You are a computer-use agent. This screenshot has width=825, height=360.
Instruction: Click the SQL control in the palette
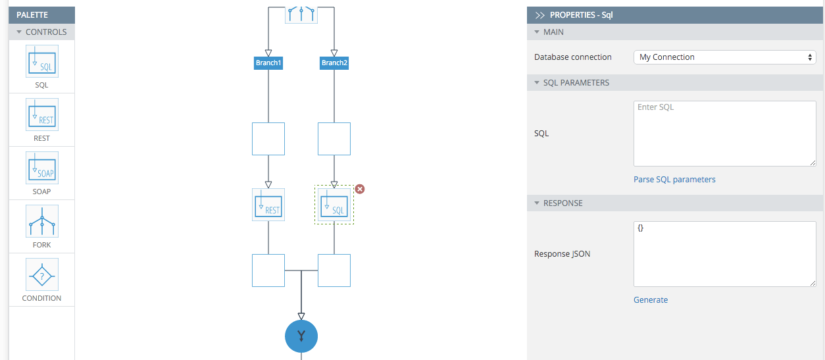[42, 61]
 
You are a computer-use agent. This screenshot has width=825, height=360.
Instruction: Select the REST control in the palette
[42, 115]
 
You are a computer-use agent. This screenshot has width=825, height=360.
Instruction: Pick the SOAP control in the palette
[42, 168]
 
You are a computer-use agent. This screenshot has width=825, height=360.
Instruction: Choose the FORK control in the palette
[42, 221]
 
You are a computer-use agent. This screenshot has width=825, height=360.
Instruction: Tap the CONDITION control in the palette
[42, 274]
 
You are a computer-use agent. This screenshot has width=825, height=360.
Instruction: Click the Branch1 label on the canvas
[268, 63]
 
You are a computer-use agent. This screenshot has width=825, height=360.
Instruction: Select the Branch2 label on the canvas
[334, 63]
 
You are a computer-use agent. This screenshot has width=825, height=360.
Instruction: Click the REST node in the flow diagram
[268, 205]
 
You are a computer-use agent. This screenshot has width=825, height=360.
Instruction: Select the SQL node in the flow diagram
[334, 205]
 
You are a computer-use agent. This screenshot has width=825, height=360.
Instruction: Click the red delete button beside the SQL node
[360, 190]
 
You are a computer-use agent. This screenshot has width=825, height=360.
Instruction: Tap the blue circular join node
[301, 336]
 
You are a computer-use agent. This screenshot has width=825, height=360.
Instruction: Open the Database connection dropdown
[724, 57]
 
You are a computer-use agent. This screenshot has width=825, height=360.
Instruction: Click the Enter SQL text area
[724, 134]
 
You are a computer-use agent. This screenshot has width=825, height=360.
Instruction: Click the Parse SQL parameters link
[674, 180]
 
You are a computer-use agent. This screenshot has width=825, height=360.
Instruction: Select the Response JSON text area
[724, 254]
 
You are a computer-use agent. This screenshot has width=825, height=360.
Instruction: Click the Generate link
[651, 300]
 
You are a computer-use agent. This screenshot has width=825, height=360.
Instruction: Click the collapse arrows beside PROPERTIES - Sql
[540, 15]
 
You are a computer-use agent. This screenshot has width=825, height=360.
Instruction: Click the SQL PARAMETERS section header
[576, 83]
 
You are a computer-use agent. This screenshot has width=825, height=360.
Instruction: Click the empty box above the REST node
[268, 139]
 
